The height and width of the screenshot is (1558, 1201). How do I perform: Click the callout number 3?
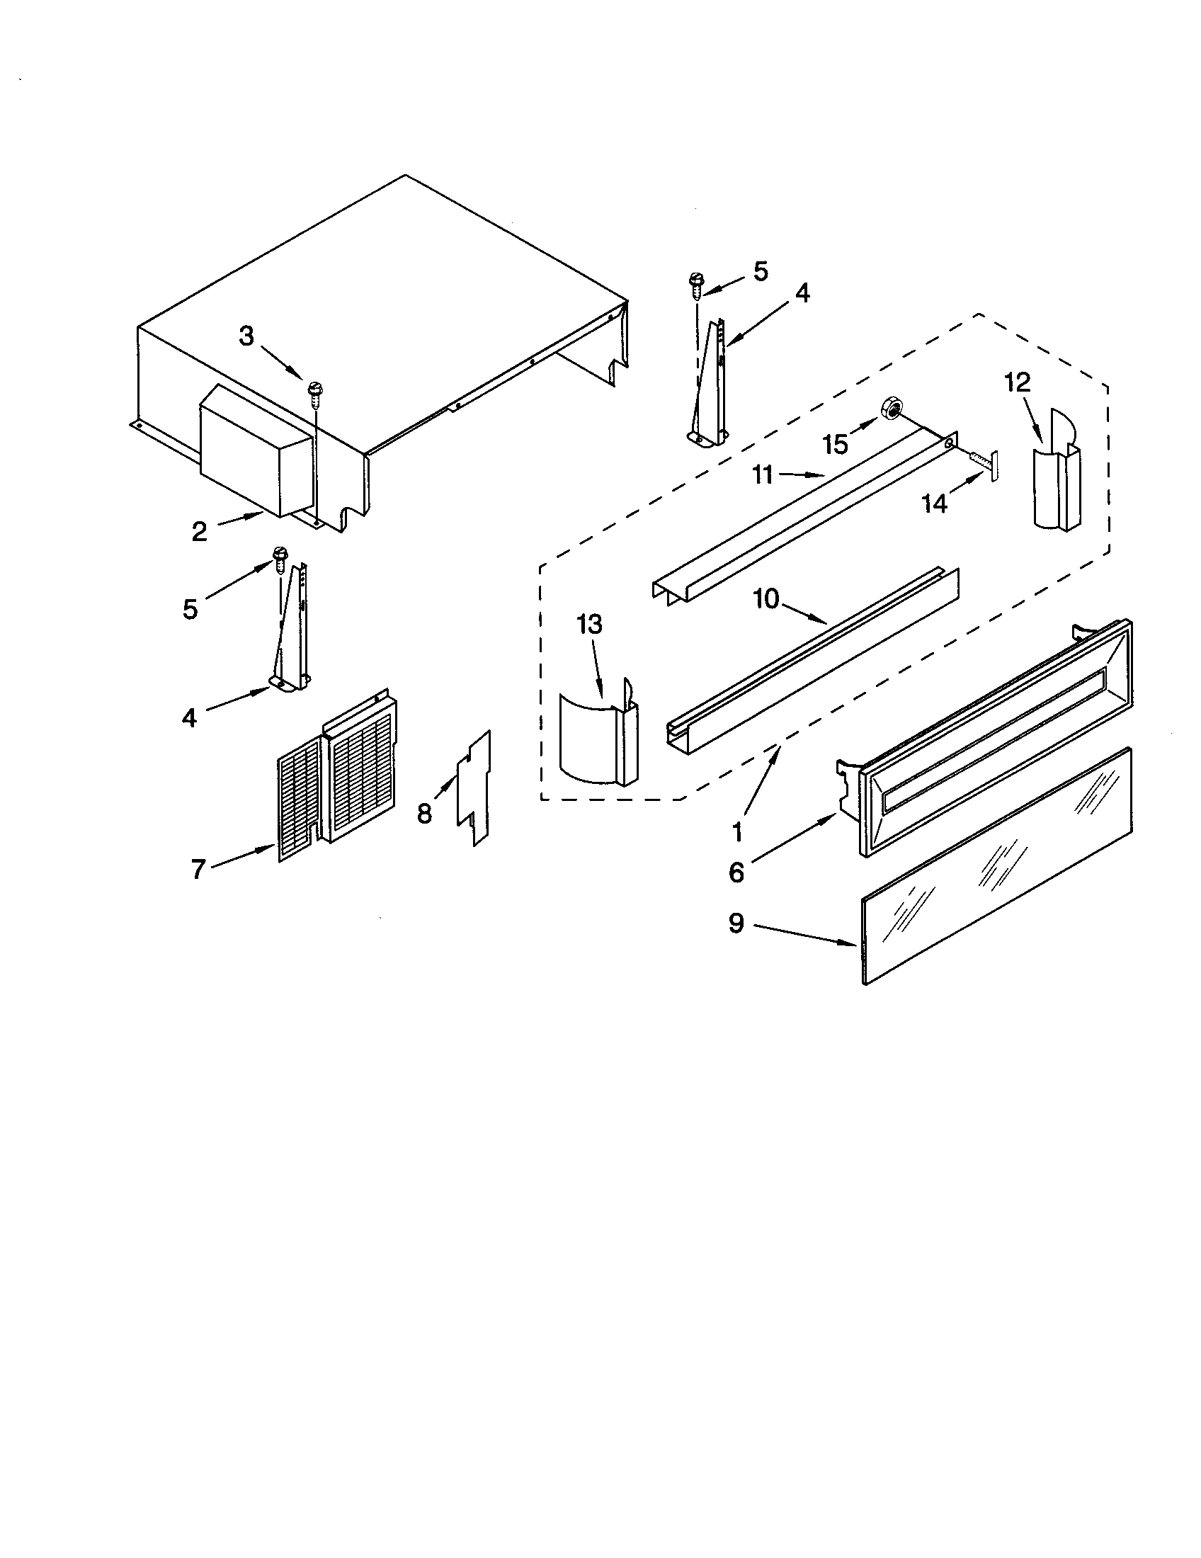246,336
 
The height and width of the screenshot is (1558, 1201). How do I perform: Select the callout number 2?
199,531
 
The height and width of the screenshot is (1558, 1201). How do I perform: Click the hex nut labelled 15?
892,409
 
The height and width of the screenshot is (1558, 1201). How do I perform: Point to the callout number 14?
935,504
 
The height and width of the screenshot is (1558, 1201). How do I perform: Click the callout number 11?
763,475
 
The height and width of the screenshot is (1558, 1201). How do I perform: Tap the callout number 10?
767,600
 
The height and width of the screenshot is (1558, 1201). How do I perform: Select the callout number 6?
736,872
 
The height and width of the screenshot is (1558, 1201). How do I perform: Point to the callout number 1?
737,831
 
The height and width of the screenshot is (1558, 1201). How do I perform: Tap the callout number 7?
198,868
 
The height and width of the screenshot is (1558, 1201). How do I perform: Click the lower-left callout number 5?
190,609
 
